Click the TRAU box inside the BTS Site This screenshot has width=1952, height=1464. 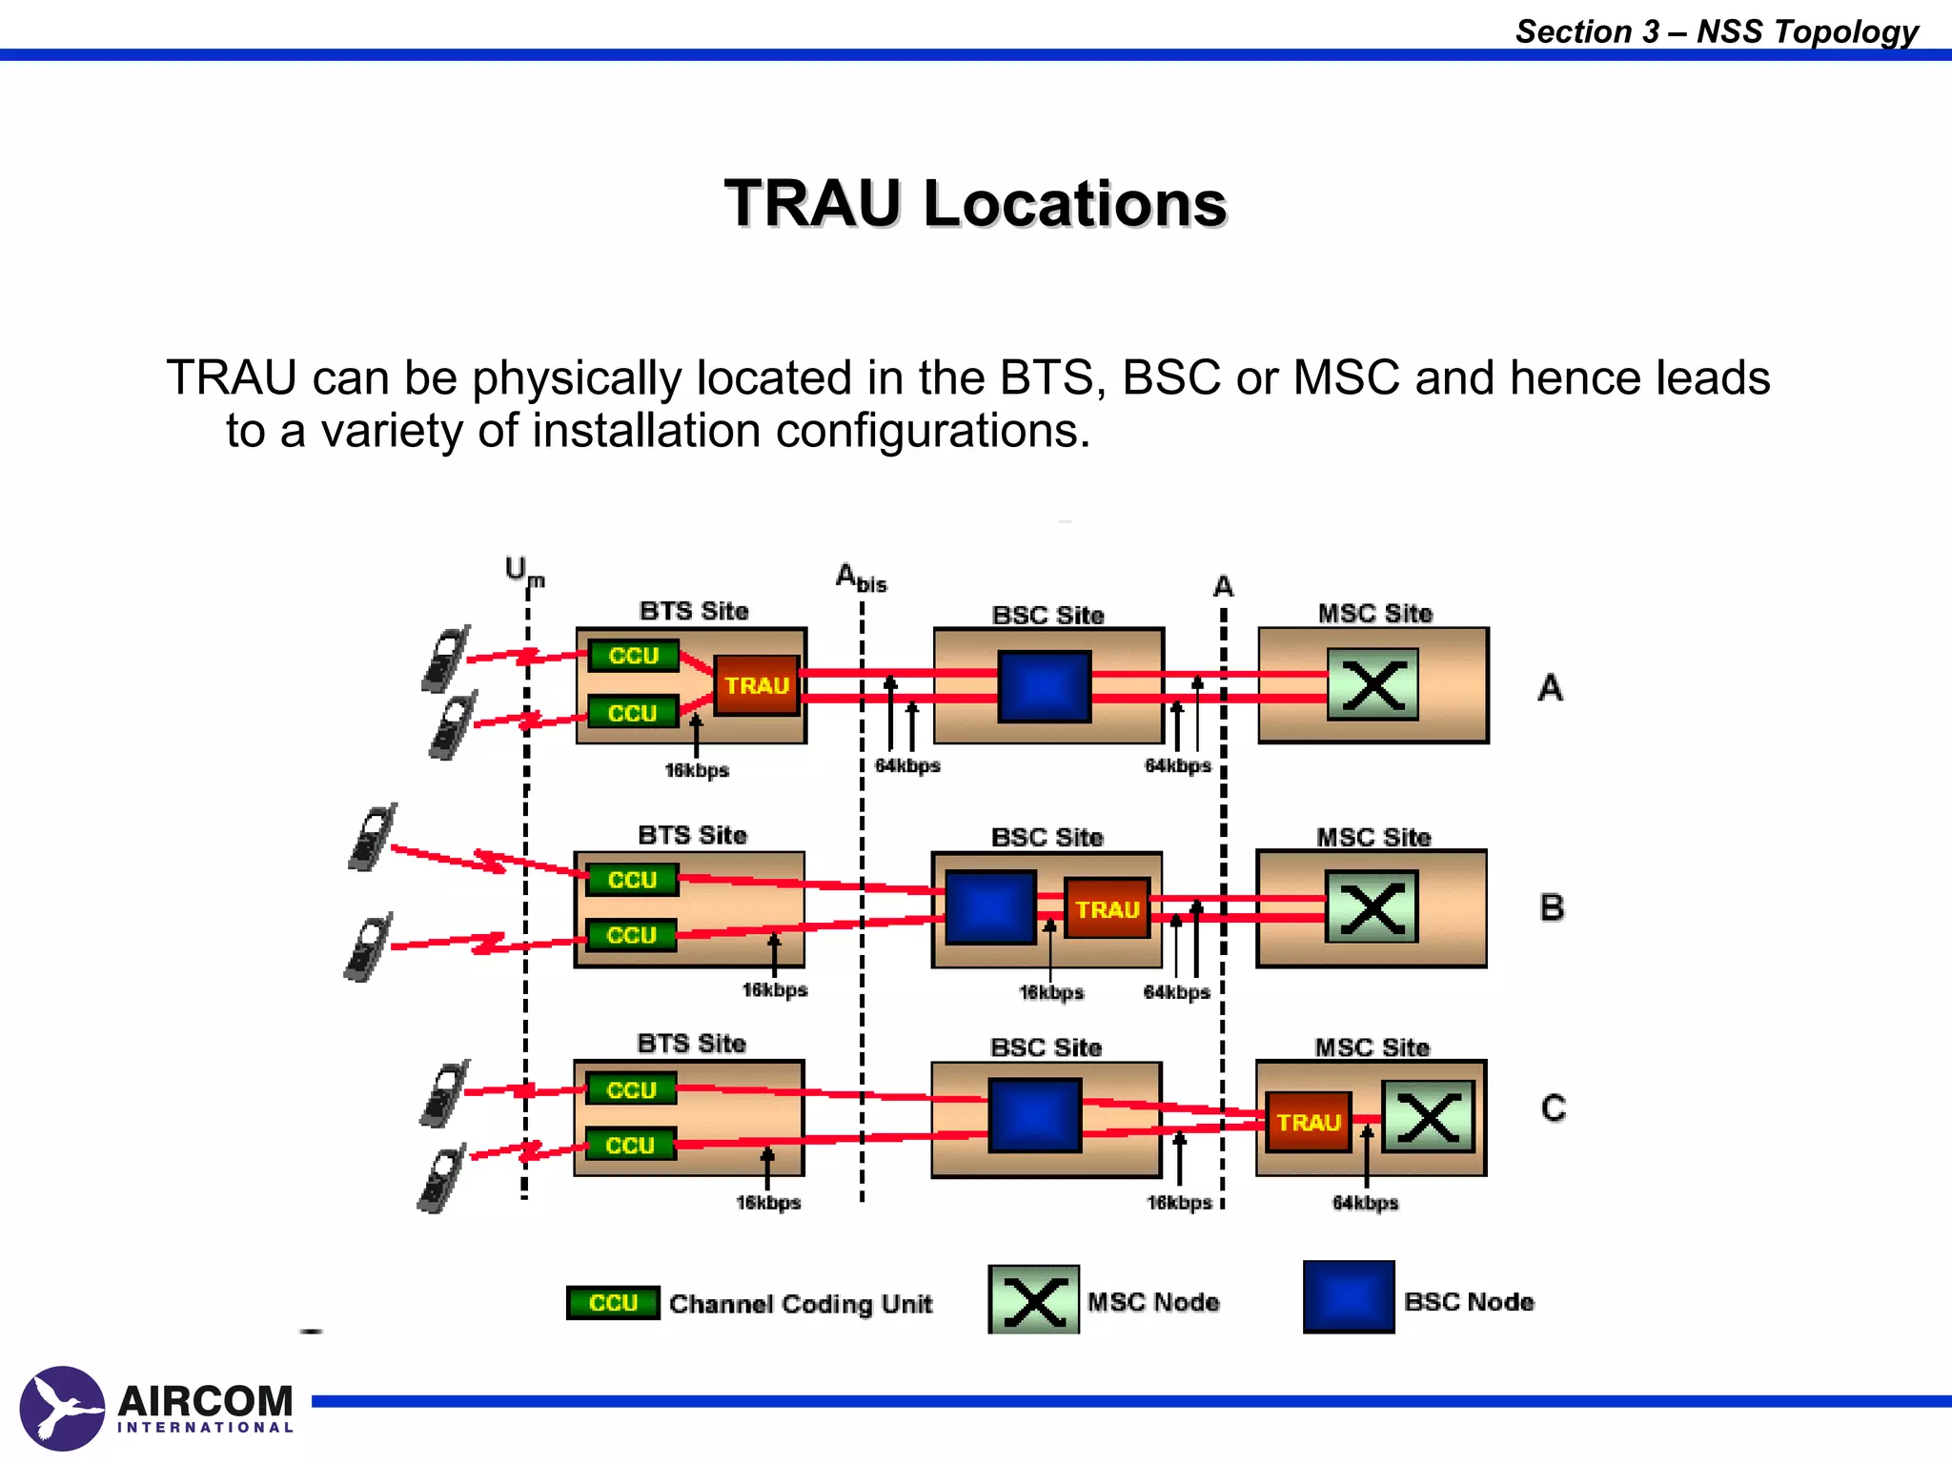click(x=756, y=685)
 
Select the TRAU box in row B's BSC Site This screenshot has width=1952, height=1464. click(x=1107, y=908)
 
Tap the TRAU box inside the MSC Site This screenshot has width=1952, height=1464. click(x=1309, y=1122)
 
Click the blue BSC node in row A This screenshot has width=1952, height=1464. click(x=1044, y=686)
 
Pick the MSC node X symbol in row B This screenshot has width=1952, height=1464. click(x=1372, y=906)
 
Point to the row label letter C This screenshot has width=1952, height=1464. click(x=1553, y=1108)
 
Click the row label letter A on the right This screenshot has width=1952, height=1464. click(x=1550, y=687)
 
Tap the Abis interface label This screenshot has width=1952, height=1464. click(x=860, y=578)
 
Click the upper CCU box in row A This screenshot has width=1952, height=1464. click(x=633, y=656)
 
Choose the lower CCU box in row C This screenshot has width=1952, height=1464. click(x=630, y=1145)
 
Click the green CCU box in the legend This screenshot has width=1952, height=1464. click(x=613, y=1302)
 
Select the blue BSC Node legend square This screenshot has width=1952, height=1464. click(x=1348, y=1296)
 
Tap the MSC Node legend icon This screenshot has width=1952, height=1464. click(x=1033, y=1299)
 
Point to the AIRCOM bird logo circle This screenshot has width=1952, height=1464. click(x=62, y=1408)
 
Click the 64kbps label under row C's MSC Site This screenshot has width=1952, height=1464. click(x=1365, y=1203)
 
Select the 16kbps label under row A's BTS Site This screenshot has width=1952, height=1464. click(x=697, y=770)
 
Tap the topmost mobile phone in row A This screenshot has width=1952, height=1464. click(x=445, y=659)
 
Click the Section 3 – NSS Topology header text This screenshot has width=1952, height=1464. click(x=1716, y=31)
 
